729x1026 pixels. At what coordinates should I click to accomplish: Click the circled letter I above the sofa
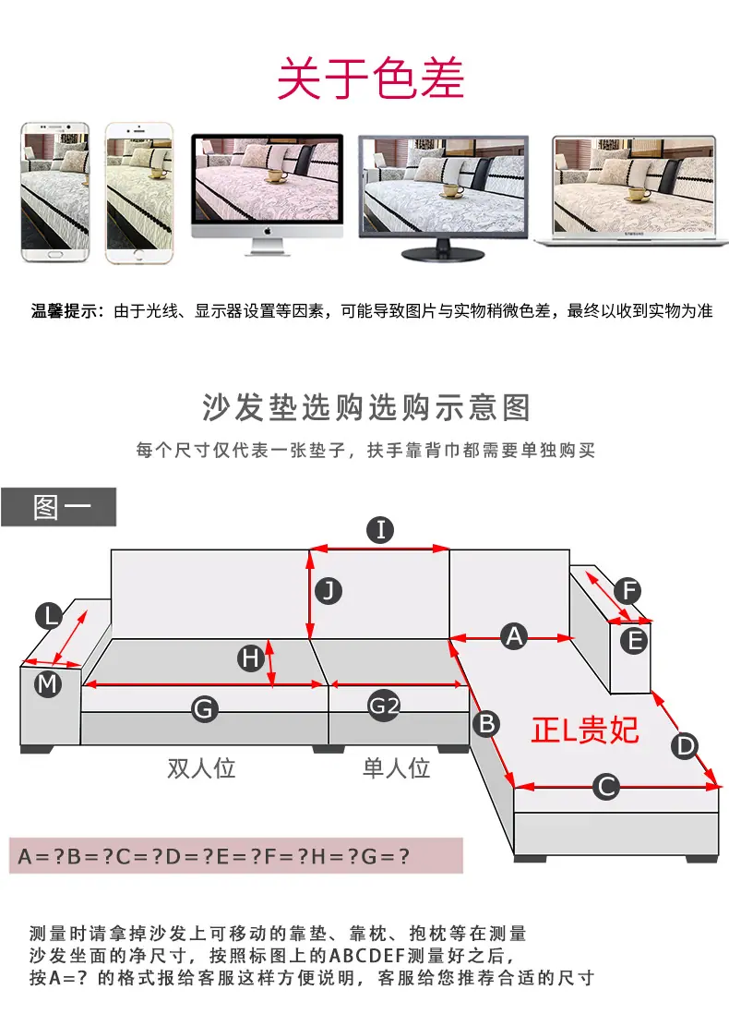click(380, 529)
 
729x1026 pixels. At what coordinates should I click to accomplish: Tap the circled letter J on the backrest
click(329, 591)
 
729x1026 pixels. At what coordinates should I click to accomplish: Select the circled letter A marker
click(515, 636)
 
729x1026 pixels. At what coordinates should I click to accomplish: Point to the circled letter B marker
click(487, 724)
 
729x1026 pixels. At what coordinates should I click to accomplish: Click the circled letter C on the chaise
click(606, 787)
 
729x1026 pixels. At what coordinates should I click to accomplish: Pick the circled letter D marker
click(685, 746)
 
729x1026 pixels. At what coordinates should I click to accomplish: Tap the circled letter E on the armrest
click(634, 641)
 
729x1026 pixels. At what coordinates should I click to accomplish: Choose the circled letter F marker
click(628, 591)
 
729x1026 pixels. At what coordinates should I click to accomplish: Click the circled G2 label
click(383, 706)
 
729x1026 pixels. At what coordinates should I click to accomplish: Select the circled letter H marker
click(250, 658)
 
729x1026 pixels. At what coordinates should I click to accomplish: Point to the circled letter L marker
click(49, 616)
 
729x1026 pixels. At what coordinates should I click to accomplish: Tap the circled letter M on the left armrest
click(48, 684)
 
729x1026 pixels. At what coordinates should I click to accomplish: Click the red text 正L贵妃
click(585, 730)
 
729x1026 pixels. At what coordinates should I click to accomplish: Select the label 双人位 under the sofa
click(201, 767)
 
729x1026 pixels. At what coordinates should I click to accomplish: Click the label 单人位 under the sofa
click(396, 767)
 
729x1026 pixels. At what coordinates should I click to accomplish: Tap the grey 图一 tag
click(58, 506)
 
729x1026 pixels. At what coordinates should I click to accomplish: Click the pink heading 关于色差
click(371, 78)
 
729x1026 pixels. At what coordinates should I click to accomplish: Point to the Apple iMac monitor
click(268, 194)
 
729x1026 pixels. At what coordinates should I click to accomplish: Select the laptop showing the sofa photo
click(633, 191)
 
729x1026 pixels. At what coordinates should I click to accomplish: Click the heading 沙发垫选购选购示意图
click(366, 407)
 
